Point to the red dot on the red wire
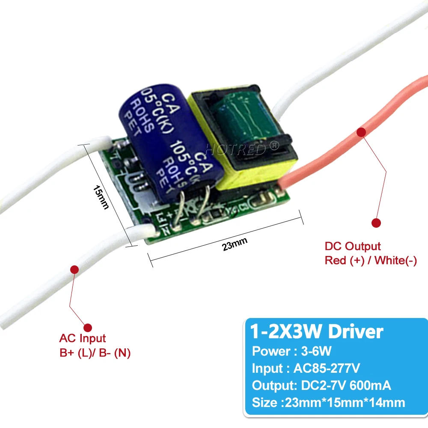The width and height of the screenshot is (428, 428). point(361,132)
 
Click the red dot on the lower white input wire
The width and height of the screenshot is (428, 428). point(74,269)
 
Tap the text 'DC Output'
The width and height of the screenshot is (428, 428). point(352,246)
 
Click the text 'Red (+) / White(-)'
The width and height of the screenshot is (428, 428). point(370,260)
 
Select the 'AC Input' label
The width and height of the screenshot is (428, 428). point(82,339)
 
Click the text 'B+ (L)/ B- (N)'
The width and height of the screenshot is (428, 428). point(95,353)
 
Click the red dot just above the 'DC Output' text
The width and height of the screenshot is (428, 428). point(376,223)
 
